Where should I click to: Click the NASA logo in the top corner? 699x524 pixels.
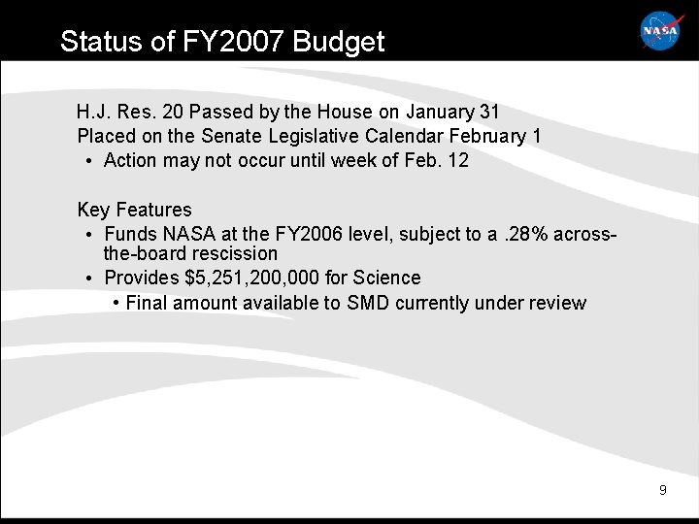661,31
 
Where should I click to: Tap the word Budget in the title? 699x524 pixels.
338,42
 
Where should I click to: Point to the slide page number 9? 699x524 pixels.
662,490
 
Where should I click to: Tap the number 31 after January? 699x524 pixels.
489,113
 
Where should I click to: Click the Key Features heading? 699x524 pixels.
134,210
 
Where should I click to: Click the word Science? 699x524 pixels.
389,278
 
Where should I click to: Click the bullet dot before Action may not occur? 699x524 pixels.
88,161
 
